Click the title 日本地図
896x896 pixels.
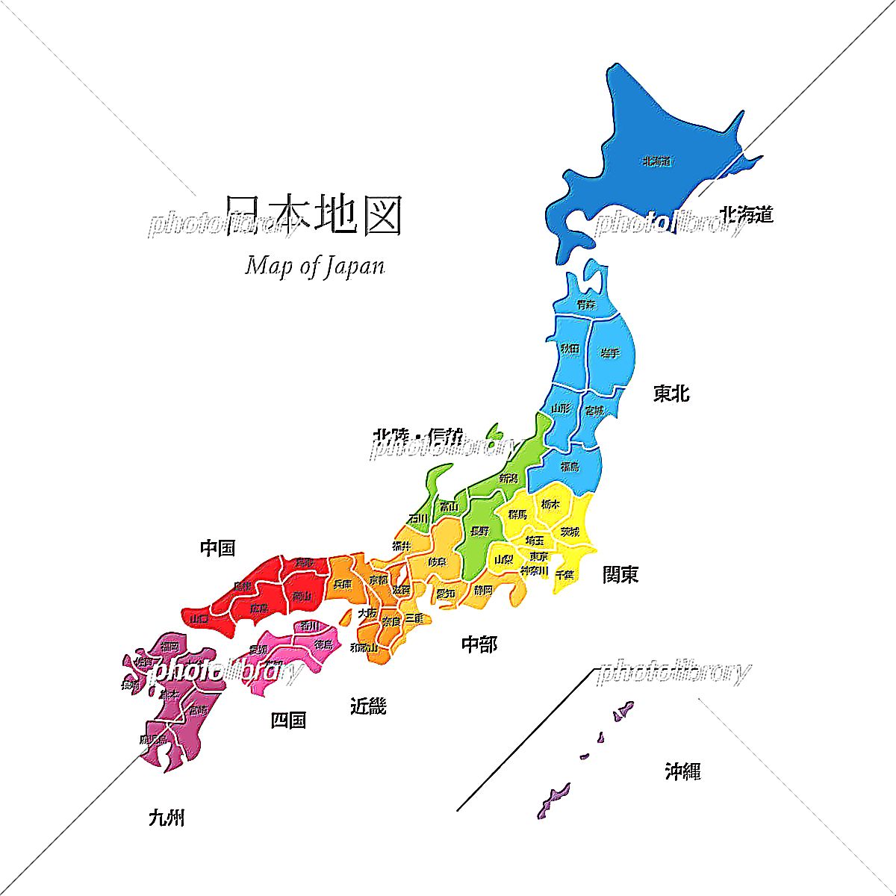tap(314, 216)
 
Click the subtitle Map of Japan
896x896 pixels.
tap(314, 266)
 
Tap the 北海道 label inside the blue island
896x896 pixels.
tap(656, 161)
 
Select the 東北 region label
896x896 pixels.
tap(671, 393)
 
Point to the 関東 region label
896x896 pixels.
tap(620, 574)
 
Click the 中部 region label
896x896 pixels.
tap(479, 644)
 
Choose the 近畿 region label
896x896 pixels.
tap(368, 706)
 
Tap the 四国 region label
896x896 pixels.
tap(288, 721)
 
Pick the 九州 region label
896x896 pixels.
tap(167, 818)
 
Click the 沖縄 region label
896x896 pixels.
tap(682, 771)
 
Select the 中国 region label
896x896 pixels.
tap(218, 549)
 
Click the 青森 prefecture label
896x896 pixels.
tap(587, 305)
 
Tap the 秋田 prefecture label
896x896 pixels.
tap(570, 349)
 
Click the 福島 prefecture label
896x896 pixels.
tap(570, 467)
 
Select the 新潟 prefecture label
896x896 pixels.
tap(508, 478)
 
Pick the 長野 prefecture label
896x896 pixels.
tap(480, 531)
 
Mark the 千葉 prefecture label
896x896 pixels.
tap(564, 574)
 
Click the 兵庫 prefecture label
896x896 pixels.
tap(342, 584)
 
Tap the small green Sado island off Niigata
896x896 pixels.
tap(492, 434)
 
